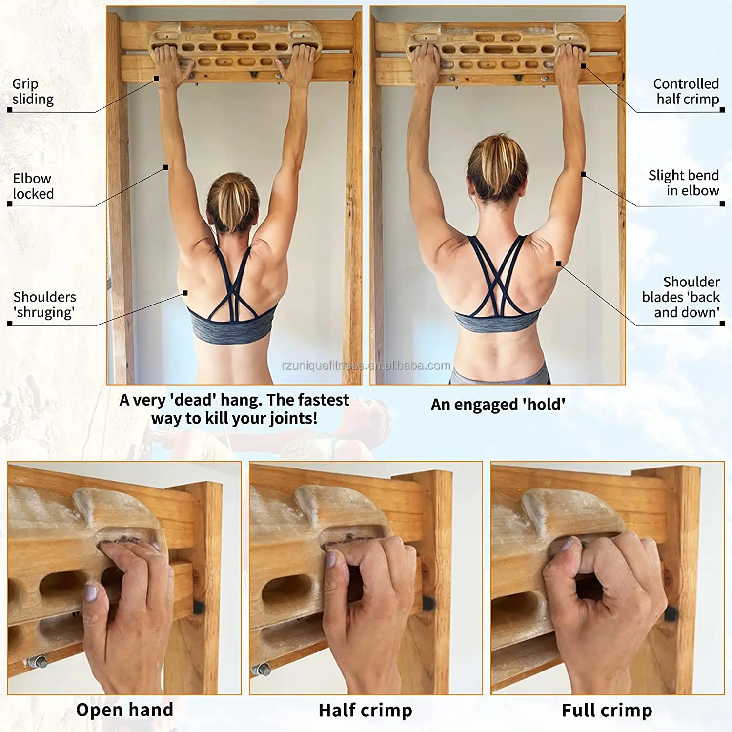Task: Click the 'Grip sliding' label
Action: (x=33, y=92)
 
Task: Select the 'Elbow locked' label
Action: (x=33, y=186)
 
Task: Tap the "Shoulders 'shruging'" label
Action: (x=44, y=305)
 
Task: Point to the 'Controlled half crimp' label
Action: (x=687, y=92)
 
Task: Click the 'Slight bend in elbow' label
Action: (x=684, y=183)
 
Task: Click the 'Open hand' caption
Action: (x=124, y=710)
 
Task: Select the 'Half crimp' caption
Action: (x=365, y=711)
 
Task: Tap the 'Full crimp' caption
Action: (x=607, y=711)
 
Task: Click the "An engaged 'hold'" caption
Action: (x=498, y=405)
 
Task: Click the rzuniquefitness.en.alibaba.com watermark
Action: (x=366, y=366)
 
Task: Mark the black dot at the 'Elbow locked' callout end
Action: (x=166, y=167)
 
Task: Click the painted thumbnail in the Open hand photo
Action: (x=91, y=593)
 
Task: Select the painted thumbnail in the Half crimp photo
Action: (x=330, y=559)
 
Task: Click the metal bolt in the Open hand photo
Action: (x=38, y=661)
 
